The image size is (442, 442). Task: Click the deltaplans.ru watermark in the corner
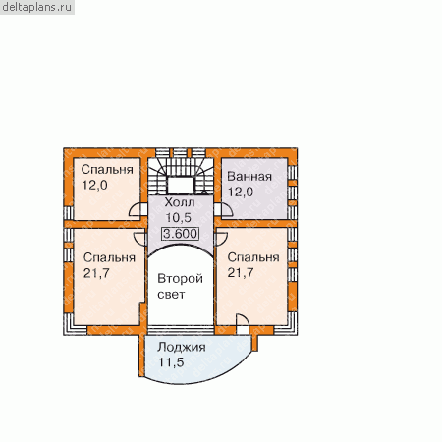pos(36,7)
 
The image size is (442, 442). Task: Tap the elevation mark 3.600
pos(180,234)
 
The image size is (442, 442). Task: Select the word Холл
pos(180,202)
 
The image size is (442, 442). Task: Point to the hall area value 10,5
pos(179,218)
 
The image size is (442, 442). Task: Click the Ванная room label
pos(249,177)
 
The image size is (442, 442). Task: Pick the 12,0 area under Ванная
pos(241,192)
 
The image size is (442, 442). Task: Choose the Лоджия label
pos(182,348)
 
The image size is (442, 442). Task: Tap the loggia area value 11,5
pos(171,362)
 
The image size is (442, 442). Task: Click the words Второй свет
pos(180,287)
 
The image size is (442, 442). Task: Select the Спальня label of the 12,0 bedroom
pos(107,170)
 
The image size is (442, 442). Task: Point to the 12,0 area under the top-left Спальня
pos(94,186)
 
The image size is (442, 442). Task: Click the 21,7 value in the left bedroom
pos(96,273)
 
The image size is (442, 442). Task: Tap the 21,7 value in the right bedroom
pos(241,272)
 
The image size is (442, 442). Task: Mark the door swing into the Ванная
pos(224,209)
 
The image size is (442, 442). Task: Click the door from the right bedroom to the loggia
pos(243,324)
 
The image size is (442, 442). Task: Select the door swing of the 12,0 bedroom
pos(138,209)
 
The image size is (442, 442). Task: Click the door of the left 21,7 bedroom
pos(140,239)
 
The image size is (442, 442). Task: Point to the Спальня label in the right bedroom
pos(253,257)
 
